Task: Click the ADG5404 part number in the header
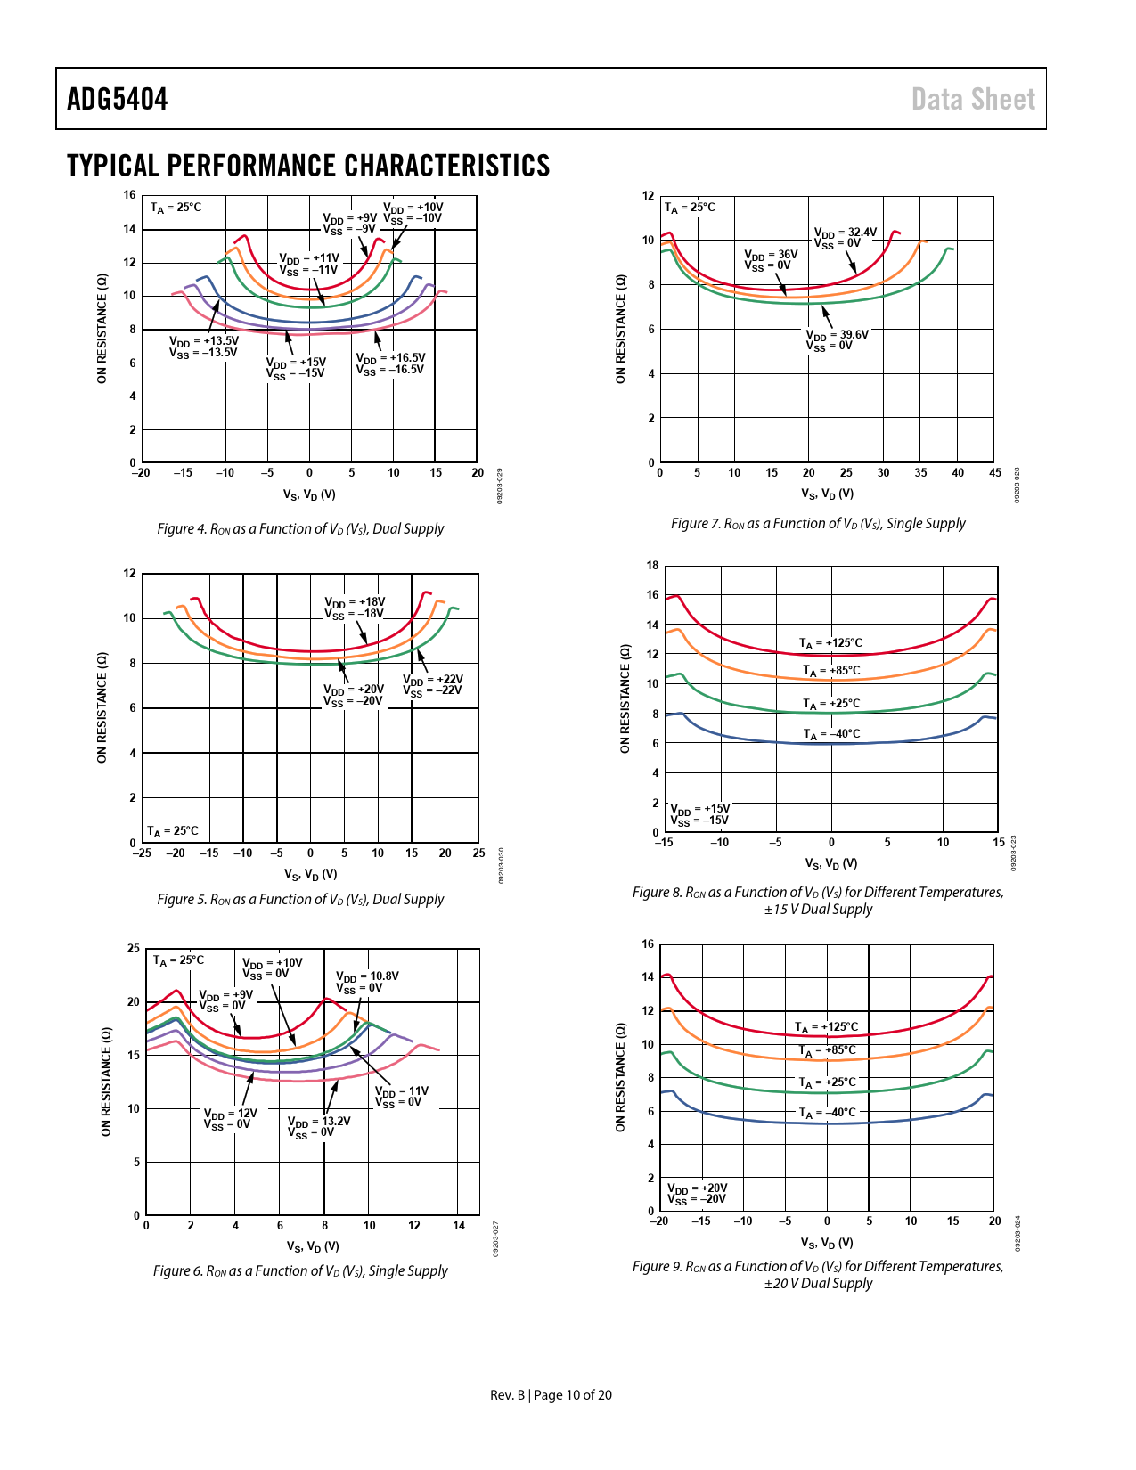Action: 118,99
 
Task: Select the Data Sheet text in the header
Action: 973,99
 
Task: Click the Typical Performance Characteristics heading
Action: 308,166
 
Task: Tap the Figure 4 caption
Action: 300,528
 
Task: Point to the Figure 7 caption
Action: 818,524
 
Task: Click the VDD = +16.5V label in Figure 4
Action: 390,363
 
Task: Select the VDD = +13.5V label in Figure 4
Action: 204,347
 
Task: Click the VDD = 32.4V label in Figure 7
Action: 845,238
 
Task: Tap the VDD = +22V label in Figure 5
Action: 432,684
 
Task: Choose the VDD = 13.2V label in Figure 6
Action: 319,1127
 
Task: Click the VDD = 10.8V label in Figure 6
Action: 367,982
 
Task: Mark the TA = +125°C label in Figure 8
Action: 830,643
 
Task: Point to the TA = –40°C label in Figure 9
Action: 827,1113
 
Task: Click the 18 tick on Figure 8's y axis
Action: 653,566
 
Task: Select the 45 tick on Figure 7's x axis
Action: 994,473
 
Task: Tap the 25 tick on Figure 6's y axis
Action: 134,949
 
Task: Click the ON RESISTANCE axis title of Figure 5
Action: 102,707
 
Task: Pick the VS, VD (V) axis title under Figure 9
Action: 827,1243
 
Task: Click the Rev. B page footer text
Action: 551,1395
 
